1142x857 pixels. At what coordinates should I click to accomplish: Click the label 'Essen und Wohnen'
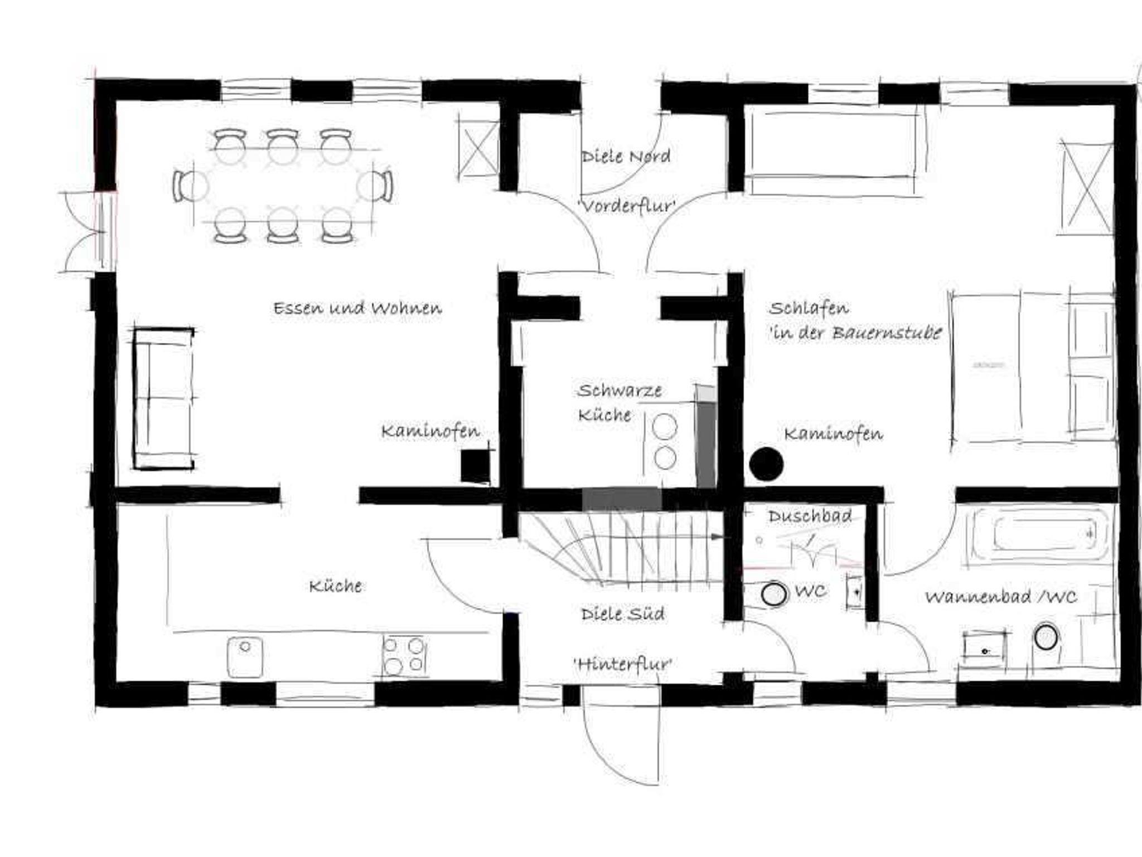click(357, 308)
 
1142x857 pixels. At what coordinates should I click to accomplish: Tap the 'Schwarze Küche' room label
click(619, 402)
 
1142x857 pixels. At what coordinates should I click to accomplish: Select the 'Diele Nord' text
click(626, 156)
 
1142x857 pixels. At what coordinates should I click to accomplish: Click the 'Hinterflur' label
click(623, 664)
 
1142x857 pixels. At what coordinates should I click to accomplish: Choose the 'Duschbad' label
click(810, 516)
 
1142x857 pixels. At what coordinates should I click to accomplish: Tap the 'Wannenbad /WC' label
click(1001, 597)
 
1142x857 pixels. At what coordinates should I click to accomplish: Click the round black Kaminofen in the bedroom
click(766, 464)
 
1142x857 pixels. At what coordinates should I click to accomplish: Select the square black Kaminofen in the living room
click(476, 465)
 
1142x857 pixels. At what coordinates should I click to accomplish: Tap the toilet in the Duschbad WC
click(774, 594)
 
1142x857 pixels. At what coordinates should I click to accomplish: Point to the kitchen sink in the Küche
click(245, 658)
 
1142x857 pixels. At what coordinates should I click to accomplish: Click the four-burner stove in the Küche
click(404, 656)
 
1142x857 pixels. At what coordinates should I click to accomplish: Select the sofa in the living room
click(163, 398)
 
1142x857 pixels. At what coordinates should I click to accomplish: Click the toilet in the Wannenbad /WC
click(1047, 637)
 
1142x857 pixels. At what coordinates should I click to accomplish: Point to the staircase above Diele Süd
click(622, 546)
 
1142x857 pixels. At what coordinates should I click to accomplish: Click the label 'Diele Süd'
click(623, 613)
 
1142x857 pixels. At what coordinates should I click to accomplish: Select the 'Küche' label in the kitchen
click(336, 586)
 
